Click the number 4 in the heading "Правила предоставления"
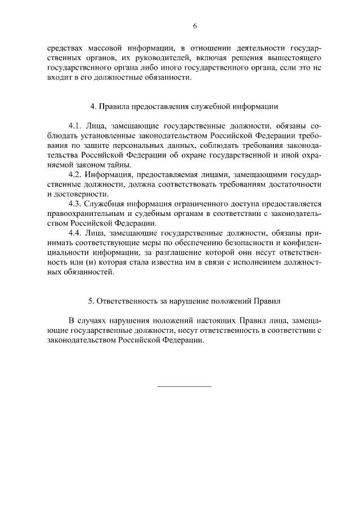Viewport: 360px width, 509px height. click(92, 106)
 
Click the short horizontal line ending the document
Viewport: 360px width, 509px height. click(184, 386)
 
